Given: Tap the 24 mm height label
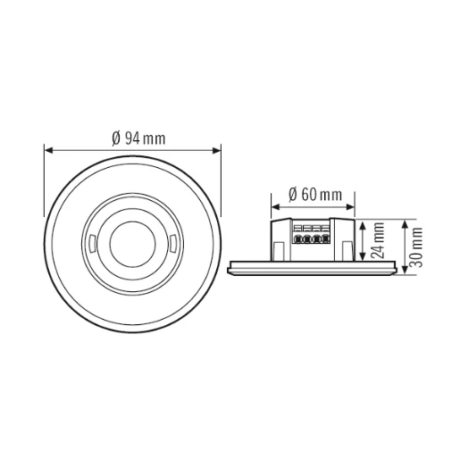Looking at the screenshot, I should (x=380, y=238).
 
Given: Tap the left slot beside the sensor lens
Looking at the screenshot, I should (x=93, y=240).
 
